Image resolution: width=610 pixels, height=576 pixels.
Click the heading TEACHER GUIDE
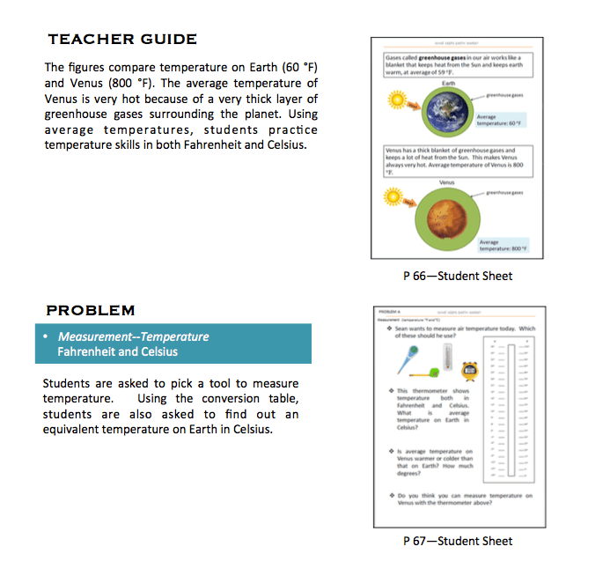coord(122,39)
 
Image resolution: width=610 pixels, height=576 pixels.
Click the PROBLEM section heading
coord(91,310)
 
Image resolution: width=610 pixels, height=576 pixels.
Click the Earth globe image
coord(451,110)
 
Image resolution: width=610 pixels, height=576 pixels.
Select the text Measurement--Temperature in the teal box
coord(133,336)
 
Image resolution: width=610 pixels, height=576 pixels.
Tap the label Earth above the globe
coord(449,83)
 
